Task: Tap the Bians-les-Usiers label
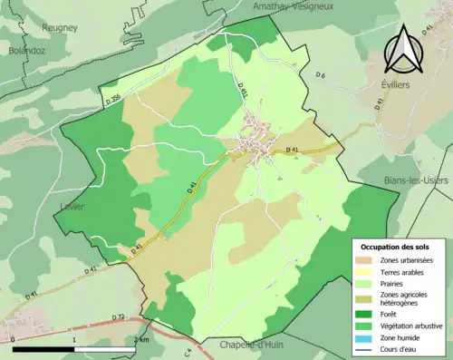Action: point(416,180)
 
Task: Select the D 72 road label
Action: point(119,316)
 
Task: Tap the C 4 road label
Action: point(189,348)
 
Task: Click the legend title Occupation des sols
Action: point(399,246)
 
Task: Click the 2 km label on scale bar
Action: point(140,339)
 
